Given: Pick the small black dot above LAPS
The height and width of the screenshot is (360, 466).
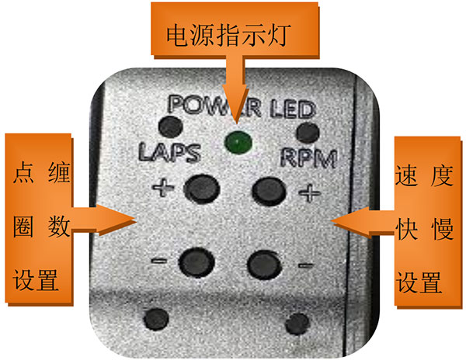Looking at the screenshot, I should tap(166, 126).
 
